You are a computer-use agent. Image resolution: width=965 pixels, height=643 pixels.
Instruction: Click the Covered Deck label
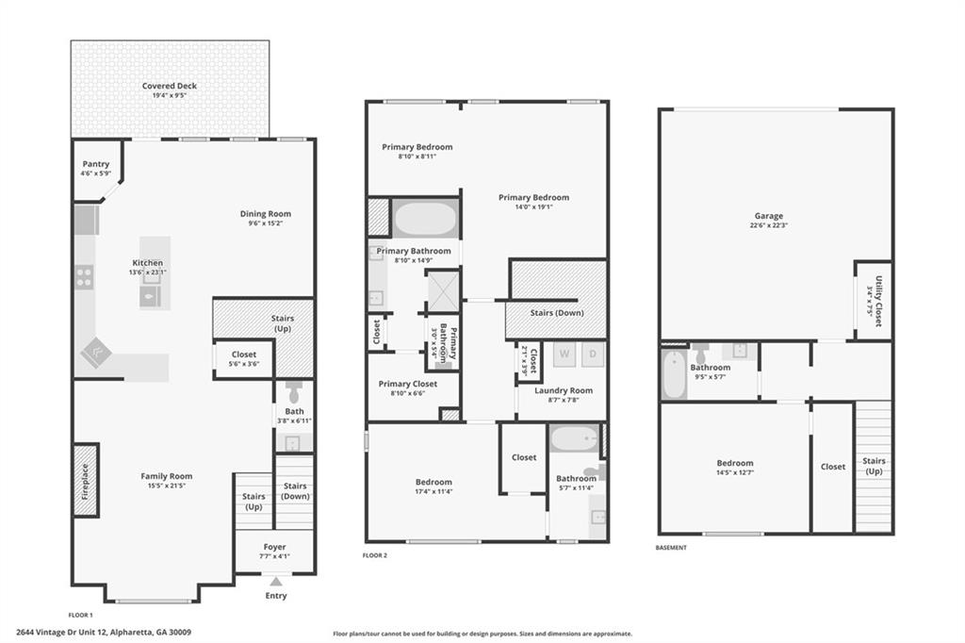pyautogui.click(x=170, y=86)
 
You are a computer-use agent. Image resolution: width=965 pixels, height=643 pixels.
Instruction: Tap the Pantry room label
pyautogui.click(x=95, y=164)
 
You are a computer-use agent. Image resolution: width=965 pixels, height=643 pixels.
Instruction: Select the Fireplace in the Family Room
pyautogui.click(x=86, y=480)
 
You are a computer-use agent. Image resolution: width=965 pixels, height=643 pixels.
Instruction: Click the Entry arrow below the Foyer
pyautogui.click(x=275, y=582)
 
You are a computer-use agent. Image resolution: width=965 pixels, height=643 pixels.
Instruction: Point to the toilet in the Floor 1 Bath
pyautogui.click(x=293, y=391)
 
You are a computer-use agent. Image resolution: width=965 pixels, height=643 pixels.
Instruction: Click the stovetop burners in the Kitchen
pyautogui.click(x=84, y=276)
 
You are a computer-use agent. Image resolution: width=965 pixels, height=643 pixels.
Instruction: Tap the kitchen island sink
pyautogui.click(x=150, y=297)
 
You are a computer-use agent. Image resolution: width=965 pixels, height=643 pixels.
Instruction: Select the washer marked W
pyautogui.click(x=564, y=354)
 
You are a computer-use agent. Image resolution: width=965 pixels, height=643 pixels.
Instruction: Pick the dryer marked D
pyautogui.click(x=593, y=354)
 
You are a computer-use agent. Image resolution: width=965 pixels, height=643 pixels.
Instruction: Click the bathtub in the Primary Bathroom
pyautogui.click(x=425, y=219)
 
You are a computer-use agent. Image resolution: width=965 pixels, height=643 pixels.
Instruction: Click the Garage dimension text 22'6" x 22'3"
pyautogui.click(x=769, y=225)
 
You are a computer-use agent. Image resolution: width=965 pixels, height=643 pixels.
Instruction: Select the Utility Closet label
pyautogui.click(x=877, y=301)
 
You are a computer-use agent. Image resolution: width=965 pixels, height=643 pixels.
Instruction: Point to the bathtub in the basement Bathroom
pyautogui.click(x=673, y=375)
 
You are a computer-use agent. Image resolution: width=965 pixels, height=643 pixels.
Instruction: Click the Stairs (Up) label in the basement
pyautogui.click(x=874, y=466)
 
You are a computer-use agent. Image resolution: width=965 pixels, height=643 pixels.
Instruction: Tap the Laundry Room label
pyautogui.click(x=563, y=389)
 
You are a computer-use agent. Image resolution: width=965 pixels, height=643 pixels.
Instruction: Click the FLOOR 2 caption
pyautogui.click(x=375, y=555)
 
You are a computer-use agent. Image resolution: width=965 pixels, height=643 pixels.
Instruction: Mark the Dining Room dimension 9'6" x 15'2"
pyautogui.click(x=265, y=223)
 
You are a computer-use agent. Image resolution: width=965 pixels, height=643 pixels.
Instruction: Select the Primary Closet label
pyautogui.click(x=407, y=384)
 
